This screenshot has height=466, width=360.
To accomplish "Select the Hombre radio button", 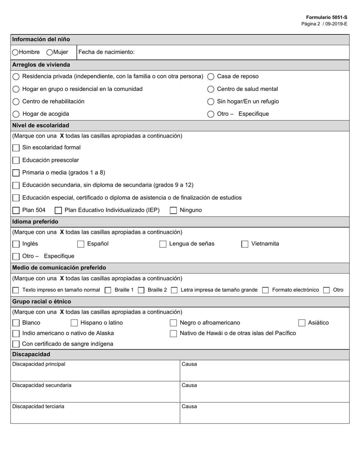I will (x=15, y=52).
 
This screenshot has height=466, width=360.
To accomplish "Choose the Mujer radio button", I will (x=49, y=52).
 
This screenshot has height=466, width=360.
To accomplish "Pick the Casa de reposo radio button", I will (x=211, y=77).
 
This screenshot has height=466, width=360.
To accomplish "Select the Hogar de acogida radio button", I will (x=16, y=114).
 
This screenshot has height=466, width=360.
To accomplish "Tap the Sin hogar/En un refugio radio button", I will (x=211, y=102).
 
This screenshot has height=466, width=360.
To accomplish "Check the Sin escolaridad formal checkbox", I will (x=16, y=148).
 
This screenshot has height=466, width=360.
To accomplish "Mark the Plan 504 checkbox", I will (x=16, y=210).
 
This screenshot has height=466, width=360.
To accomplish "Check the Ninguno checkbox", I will (x=173, y=210).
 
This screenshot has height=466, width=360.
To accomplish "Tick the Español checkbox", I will (x=81, y=244).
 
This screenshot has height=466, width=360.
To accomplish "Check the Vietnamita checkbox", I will (x=245, y=244).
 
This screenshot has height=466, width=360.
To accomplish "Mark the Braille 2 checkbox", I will (x=141, y=290).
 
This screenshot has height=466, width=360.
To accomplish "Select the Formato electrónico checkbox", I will (x=265, y=290).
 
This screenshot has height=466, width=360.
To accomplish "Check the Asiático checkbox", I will (x=302, y=323).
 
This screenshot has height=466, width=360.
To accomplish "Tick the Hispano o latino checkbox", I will (x=74, y=323).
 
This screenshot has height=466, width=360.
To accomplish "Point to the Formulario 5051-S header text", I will (x=326, y=17).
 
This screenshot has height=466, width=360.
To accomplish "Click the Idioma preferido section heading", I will (x=35, y=222).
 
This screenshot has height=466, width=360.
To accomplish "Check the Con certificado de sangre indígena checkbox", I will (x=16, y=344).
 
